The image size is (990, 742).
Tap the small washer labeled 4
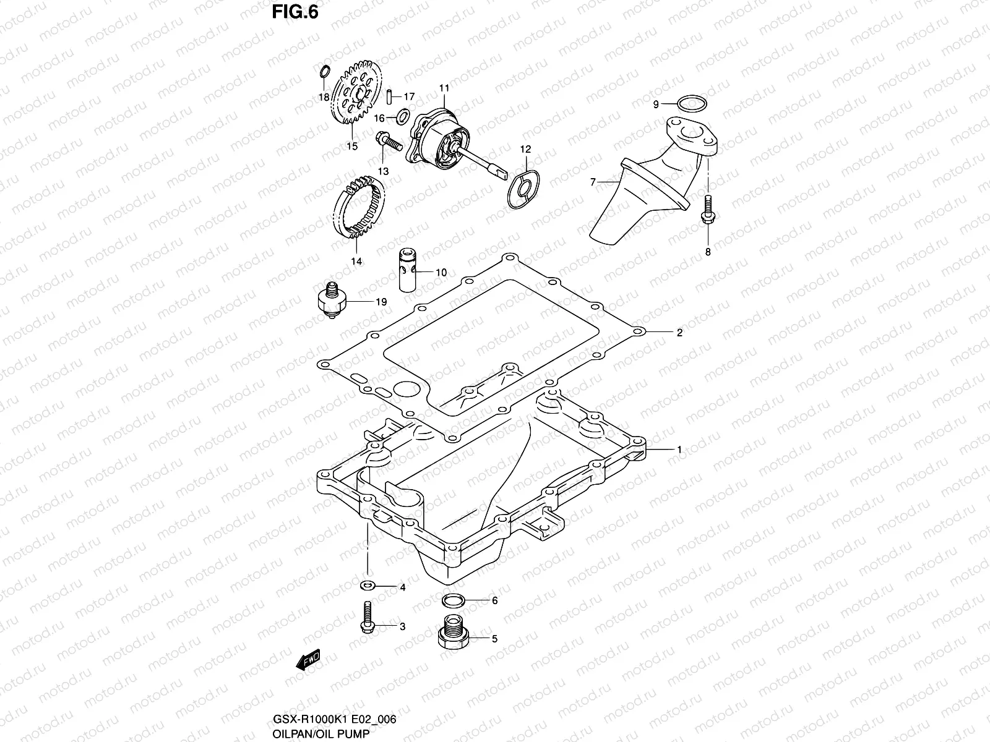click(367, 585)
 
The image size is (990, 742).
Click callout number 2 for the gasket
click(679, 333)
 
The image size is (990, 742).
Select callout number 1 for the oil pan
click(679, 450)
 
